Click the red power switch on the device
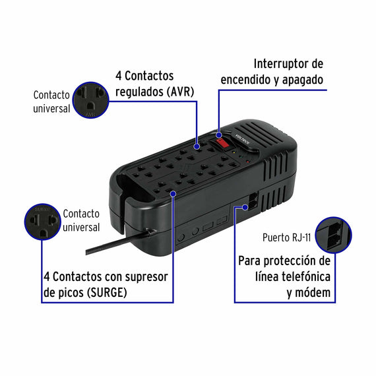[x=223, y=143]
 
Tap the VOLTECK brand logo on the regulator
[x=243, y=139]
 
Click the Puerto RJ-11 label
[x=286, y=237]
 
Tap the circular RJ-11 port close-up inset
[x=334, y=235]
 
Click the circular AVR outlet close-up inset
[x=90, y=100]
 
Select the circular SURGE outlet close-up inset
[x=42, y=222]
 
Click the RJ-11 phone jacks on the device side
[x=253, y=201]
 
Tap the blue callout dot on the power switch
[x=219, y=135]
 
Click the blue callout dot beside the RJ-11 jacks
[x=245, y=207]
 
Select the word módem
[x=313, y=292]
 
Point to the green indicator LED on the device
[x=241, y=157]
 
